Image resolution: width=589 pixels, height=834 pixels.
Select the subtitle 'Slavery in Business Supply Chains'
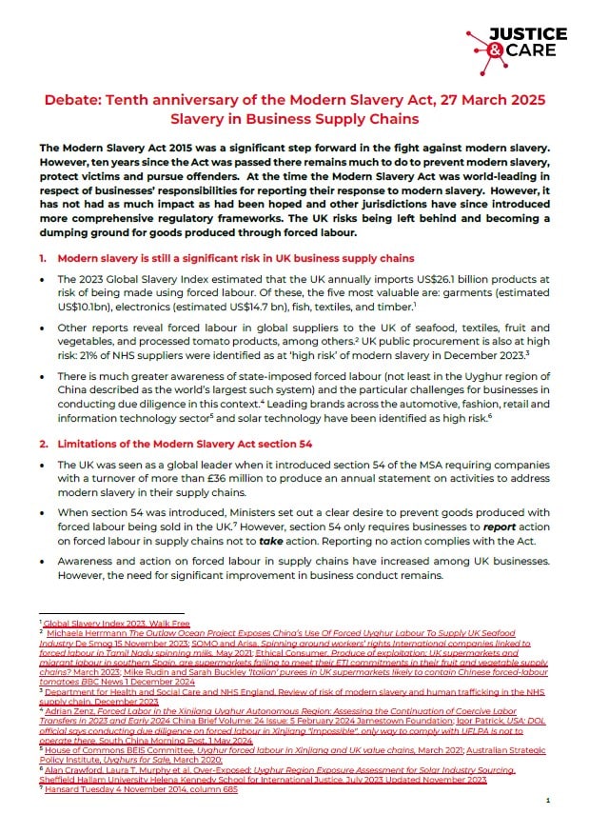294,121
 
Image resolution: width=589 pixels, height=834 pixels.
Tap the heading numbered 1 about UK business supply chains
227,258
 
